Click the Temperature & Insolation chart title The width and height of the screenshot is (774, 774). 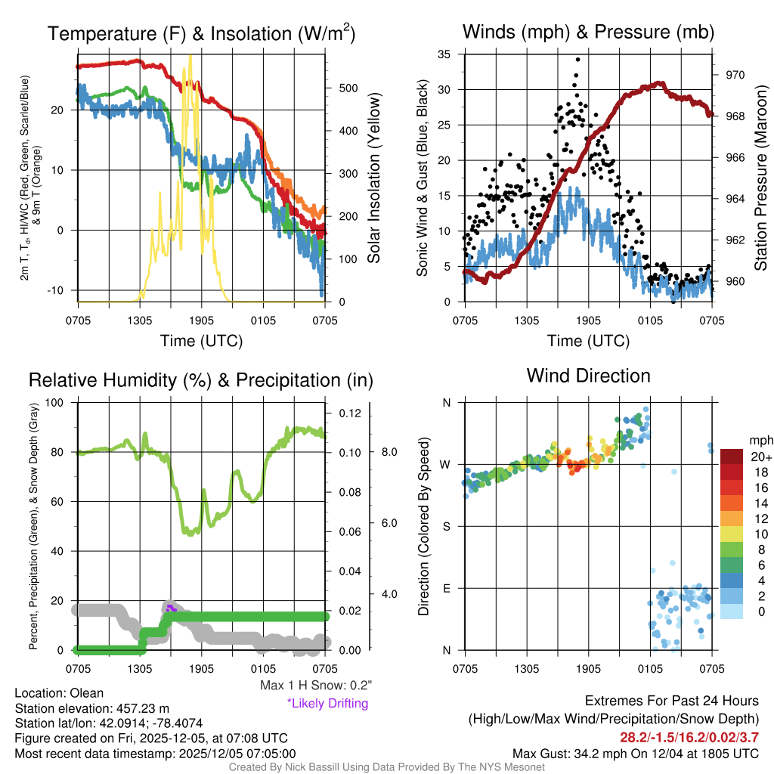coord(201,34)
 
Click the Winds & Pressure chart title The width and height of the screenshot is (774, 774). coord(588,32)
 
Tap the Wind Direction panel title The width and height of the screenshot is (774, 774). coord(588,376)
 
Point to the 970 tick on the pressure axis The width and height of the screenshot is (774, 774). coord(735,75)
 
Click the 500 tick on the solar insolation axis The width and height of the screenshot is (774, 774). coord(348,88)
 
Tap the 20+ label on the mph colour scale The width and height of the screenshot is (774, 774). coord(761,457)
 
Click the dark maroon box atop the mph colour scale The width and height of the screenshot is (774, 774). coord(732,457)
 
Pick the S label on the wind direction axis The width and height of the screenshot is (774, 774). coord(446,526)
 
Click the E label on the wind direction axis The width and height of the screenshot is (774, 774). coord(446,588)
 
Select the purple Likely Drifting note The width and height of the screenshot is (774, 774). coord(327,704)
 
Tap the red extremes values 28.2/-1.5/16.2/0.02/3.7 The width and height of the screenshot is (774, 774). coord(689,737)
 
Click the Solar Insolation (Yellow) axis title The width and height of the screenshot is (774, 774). coord(373,178)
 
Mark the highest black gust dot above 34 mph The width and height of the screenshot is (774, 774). coord(578,59)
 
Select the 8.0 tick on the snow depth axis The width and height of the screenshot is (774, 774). coord(389,452)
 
